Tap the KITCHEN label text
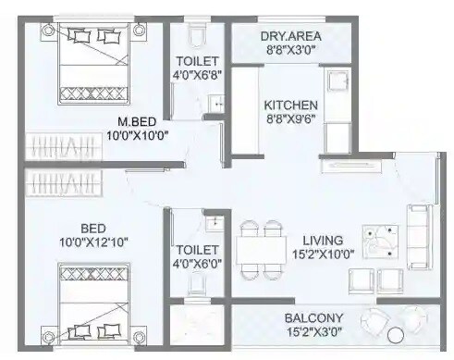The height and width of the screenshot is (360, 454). (x=290, y=106)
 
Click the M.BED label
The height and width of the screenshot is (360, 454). (x=141, y=122)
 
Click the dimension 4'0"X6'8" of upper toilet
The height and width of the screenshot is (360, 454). (x=197, y=78)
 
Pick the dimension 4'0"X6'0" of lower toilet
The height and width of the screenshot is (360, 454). (x=197, y=266)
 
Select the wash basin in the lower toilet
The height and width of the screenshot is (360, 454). (x=214, y=223)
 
